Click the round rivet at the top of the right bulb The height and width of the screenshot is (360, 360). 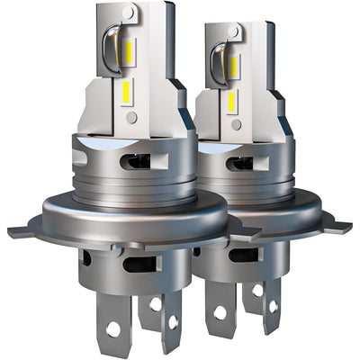pos(236,31)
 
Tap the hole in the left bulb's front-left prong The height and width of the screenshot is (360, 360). pos(112,328)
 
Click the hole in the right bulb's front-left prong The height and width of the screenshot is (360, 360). pos(219,313)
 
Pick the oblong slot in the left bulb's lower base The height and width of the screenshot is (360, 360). pos(141,265)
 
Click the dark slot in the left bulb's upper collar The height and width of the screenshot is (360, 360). pos(137,161)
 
